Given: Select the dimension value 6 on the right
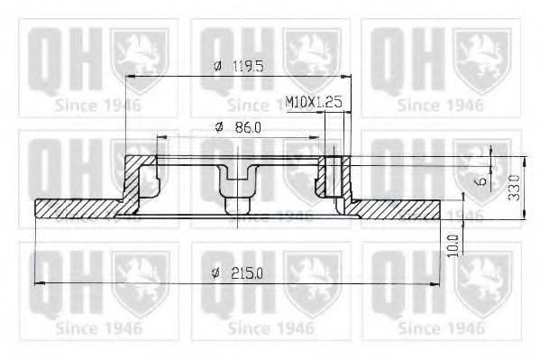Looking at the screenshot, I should tap(483, 180).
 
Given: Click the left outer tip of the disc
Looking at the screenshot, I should tap(38, 209).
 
